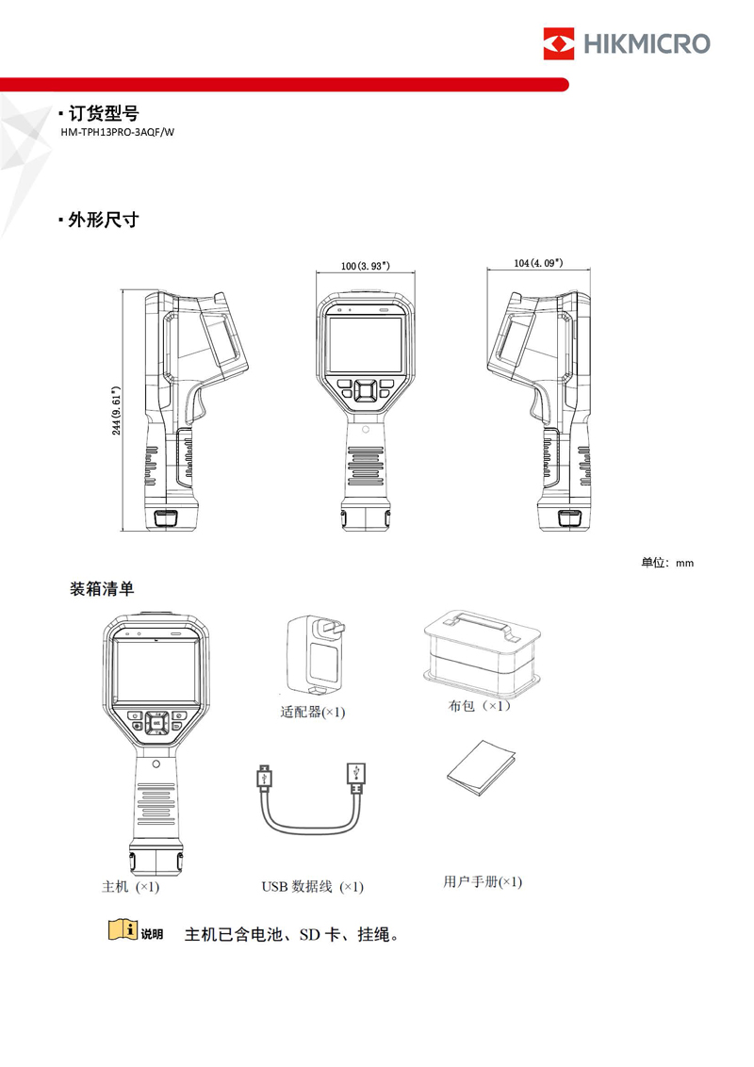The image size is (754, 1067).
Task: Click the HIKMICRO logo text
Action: tap(647, 43)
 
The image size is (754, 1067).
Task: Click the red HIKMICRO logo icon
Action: tap(558, 43)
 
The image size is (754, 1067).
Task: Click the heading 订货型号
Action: tap(104, 113)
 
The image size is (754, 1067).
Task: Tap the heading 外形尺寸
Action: tap(104, 220)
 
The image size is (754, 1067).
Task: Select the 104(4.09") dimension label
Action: tap(538, 263)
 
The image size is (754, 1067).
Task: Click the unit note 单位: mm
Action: tap(666, 563)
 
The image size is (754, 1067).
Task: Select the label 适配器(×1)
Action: tap(313, 713)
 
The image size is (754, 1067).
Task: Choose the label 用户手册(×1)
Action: tap(482, 881)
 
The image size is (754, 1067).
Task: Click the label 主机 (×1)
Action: tap(130, 886)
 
